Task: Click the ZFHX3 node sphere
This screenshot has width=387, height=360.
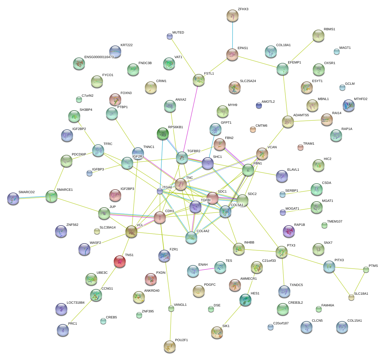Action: (232, 16)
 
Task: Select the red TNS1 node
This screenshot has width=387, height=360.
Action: (120, 261)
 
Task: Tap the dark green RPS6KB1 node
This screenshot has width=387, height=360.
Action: (163, 134)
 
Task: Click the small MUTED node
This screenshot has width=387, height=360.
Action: (170, 37)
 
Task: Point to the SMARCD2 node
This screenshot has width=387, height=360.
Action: (13, 198)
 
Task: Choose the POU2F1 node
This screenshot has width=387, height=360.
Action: (170, 346)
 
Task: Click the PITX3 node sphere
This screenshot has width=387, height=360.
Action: (329, 267)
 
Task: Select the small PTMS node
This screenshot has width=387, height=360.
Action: (366, 270)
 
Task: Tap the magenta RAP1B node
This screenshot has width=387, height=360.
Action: (289, 231)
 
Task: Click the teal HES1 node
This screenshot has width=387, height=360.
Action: (245, 300)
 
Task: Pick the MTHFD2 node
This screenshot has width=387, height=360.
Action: (349, 106)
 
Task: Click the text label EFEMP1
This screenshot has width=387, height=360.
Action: (294, 63)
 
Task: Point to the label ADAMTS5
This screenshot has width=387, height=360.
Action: (301, 115)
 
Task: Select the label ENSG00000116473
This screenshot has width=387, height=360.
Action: (99, 57)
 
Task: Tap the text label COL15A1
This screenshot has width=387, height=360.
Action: (354, 321)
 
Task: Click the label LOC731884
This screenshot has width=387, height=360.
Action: (75, 303)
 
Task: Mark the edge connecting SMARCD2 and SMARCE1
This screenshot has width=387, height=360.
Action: (32, 198)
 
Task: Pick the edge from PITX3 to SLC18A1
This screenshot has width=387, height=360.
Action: (341, 282)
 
